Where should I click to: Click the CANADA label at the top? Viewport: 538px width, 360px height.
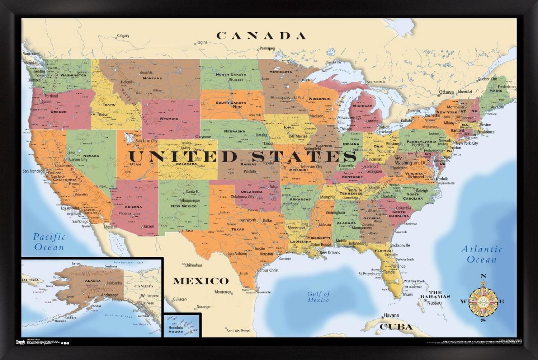point(261,36)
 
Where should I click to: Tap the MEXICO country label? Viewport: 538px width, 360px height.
point(201,281)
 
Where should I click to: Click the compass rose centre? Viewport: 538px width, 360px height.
point(483,300)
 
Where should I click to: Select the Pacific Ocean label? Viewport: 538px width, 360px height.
point(49,242)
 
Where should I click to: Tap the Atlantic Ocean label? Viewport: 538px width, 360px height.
point(481,254)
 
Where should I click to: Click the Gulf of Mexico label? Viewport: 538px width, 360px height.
point(318,297)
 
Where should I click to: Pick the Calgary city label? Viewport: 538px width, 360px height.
point(123,36)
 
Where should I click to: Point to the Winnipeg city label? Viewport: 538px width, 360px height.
point(267,48)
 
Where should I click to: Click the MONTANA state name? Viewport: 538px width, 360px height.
point(152,78)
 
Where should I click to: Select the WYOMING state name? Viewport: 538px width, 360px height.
point(169,118)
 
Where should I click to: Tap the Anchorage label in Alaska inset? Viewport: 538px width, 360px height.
point(109,295)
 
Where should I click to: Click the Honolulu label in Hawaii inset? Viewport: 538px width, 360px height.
point(176,327)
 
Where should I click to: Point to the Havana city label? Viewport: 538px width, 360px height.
point(391,315)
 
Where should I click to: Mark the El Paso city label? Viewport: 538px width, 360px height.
point(187,231)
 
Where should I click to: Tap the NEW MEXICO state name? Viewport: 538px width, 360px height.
point(184,206)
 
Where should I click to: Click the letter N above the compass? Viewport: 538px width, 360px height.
point(483,276)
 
